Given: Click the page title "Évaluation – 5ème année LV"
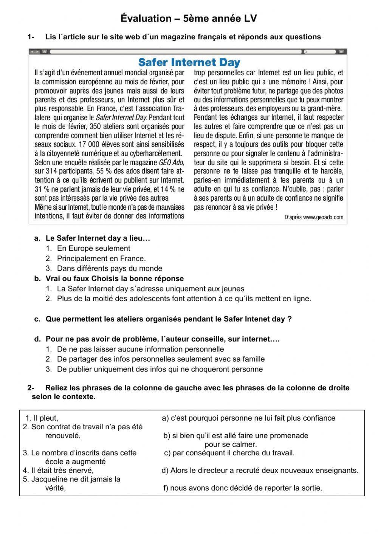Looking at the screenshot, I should [189, 18].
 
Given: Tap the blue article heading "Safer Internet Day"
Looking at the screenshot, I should [189, 62].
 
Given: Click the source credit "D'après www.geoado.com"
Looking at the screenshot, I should [313, 217].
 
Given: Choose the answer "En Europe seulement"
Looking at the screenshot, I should [93, 248].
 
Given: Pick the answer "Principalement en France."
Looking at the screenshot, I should [101, 258].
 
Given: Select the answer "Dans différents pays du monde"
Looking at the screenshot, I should [109, 268].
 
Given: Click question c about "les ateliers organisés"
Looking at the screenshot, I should [168, 319].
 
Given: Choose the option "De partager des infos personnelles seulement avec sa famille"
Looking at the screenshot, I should [161, 359].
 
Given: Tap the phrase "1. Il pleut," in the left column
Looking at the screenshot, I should [42, 418].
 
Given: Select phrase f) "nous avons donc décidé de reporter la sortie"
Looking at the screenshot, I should [242, 488].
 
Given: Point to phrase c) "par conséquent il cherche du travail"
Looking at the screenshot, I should [229, 453].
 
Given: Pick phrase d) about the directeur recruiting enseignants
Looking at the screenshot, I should [260, 471].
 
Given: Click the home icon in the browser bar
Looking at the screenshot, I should [44, 51].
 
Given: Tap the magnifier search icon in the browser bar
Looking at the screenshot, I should [305, 51].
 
